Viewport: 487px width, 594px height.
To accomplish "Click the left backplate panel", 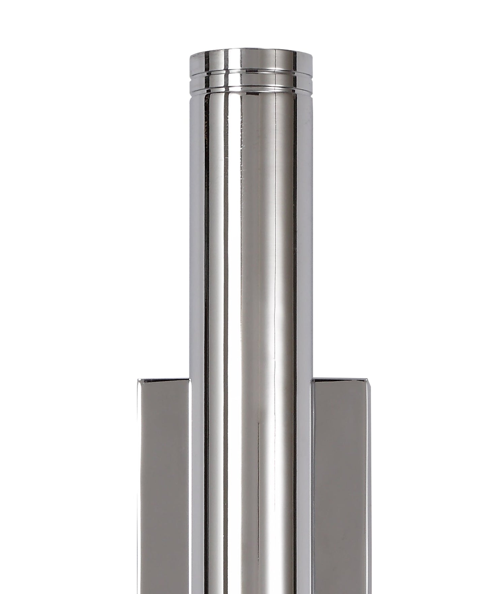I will pyautogui.click(x=163, y=489).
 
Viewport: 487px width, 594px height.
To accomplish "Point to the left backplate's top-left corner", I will pyautogui.click(x=138, y=379).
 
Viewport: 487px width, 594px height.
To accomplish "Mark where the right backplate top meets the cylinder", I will pyautogui.click(x=312, y=379).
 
